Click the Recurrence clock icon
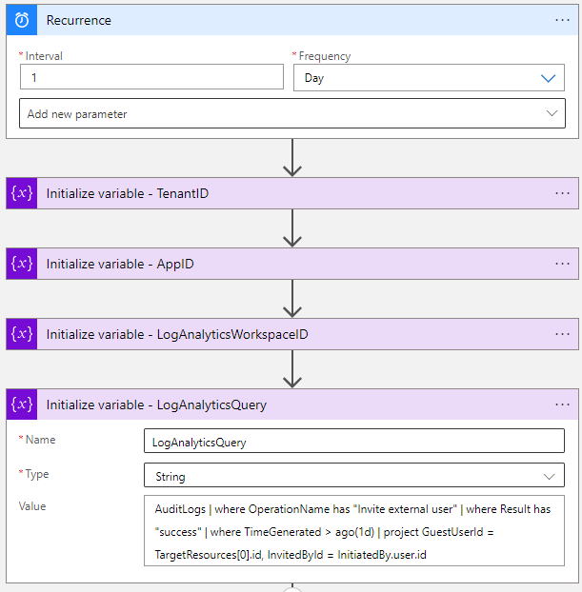[x=22, y=20]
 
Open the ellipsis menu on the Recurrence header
[x=562, y=20]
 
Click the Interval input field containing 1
[x=151, y=77]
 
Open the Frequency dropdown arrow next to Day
[x=548, y=78]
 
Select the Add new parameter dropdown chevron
[x=552, y=113]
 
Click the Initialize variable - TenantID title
[x=128, y=193]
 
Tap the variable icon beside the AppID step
[x=22, y=264]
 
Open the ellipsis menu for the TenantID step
[x=562, y=193]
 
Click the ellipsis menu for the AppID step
[x=562, y=264]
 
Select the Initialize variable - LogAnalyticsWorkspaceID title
[x=177, y=334]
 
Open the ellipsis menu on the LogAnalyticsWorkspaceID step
[x=562, y=334]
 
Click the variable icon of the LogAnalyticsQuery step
[x=22, y=405]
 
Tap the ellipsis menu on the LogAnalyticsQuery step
[x=562, y=405]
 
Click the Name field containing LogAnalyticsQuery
[x=354, y=441]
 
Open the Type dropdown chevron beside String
[x=549, y=477]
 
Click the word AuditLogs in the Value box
[x=180, y=509]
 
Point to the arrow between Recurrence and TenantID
[x=292, y=157]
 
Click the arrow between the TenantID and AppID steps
[x=292, y=228]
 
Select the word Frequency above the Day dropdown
[x=325, y=56]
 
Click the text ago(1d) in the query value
[x=354, y=532]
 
